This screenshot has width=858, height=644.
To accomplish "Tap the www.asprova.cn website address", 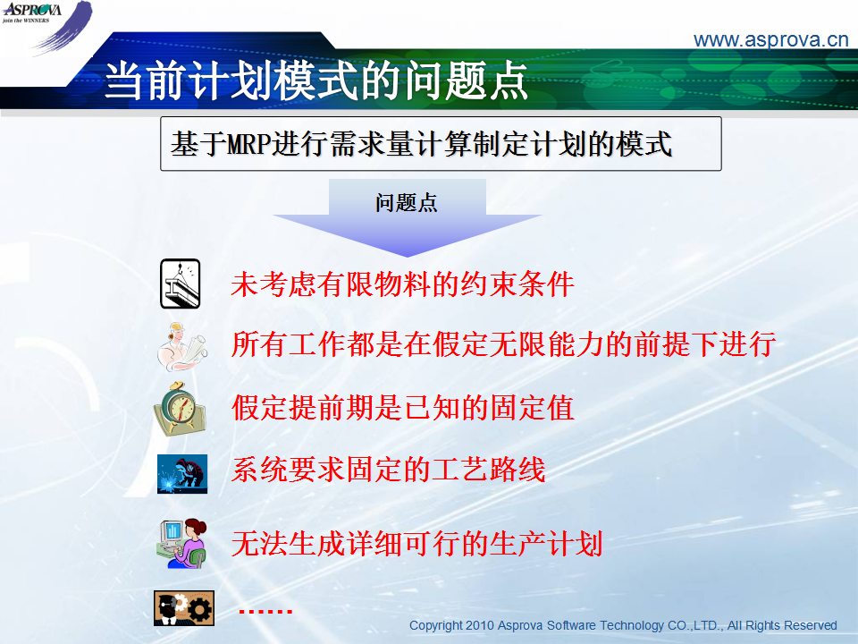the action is tap(770, 40).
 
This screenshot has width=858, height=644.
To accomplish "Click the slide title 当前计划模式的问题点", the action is tap(315, 80).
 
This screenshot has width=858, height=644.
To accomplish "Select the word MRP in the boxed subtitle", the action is tap(248, 145).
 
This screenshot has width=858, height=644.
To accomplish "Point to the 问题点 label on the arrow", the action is tap(407, 203).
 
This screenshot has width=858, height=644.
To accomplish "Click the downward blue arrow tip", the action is tap(407, 256).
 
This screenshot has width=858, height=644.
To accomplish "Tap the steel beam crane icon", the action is tap(180, 284).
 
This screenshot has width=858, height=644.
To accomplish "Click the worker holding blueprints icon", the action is tap(181, 346).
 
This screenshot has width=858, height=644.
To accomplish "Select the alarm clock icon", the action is tap(180, 409).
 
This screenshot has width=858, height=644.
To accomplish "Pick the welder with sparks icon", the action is tap(182, 474).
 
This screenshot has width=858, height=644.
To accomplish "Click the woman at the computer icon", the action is tap(182, 543).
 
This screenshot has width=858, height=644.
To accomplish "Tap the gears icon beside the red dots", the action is tap(184, 608).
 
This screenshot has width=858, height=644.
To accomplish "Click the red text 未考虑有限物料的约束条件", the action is tap(402, 284).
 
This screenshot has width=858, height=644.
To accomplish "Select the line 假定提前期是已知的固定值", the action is tap(402, 408).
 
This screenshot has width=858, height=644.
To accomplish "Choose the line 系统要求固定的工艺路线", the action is tap(388, 470).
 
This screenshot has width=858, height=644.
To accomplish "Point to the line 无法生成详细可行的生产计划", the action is tap(416, 544).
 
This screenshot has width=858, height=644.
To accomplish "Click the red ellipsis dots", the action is tap(266, 611).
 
